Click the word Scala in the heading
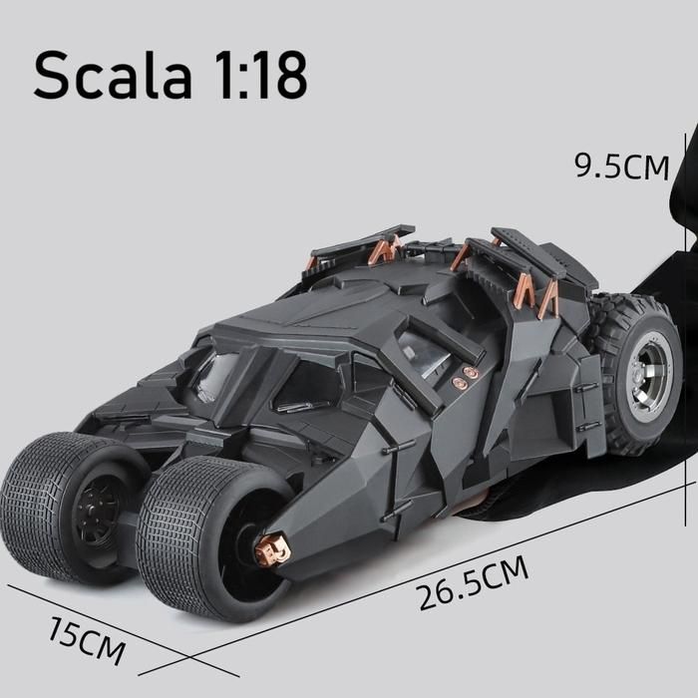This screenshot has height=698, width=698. (113, 75)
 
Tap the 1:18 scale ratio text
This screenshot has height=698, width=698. (260, 75)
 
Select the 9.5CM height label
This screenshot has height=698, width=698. (622, 167)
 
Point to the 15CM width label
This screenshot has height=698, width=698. (86, 640)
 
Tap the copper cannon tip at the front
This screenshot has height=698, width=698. (271, 549)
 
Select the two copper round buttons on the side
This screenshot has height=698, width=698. (464, 378)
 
